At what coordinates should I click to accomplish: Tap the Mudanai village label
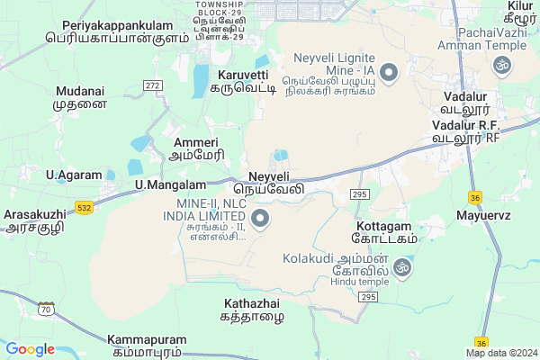(x=79, y=98)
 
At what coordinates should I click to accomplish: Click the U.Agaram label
(x=71, y=174)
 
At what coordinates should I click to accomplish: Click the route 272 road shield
(x=152, y=85)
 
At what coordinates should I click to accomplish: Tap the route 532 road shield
(x=84, y=208)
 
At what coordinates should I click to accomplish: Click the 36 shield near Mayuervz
(x=475, y=197)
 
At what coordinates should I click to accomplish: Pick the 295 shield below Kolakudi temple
(x=366, y=296)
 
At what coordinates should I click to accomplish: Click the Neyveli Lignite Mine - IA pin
(x=389, y=72)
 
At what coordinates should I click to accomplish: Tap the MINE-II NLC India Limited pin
(x=261, y=219)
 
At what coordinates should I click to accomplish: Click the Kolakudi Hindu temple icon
(x=404, y=266)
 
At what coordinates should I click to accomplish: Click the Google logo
(x=30, y=349)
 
